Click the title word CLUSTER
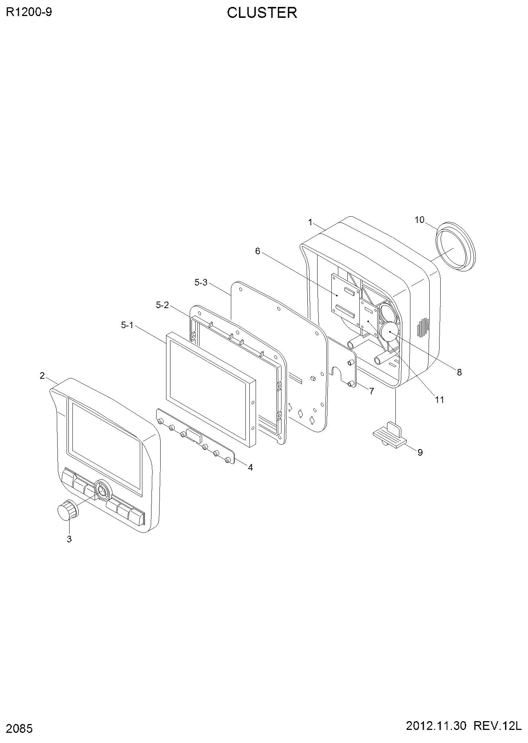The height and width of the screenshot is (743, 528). [x=262, y=13]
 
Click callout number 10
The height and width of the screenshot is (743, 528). [x=419, y=220]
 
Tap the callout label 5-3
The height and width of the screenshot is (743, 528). [x=201, y=282]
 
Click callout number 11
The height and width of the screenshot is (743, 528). [x=440, y=400]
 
